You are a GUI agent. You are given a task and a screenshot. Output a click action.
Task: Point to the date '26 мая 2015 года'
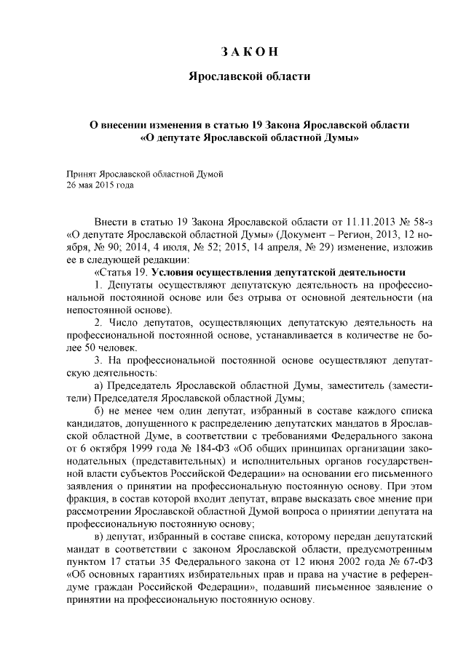(100, 185)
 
